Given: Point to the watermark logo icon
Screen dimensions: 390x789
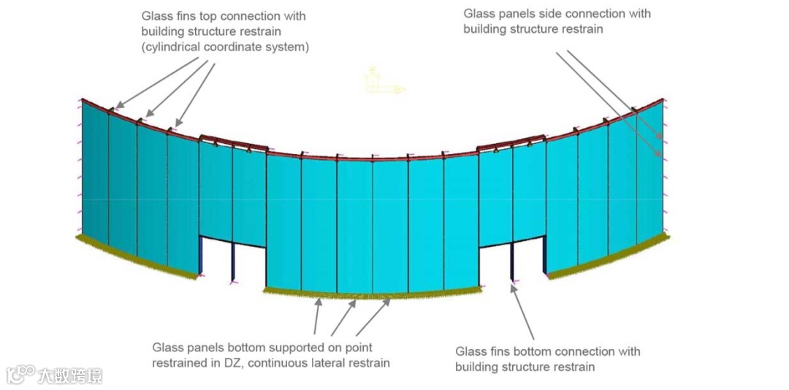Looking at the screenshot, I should (x=20, y=375).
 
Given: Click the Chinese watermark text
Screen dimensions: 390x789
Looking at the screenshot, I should (x=70, y=375).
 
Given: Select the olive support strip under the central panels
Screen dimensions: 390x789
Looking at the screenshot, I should (x=373, y=295).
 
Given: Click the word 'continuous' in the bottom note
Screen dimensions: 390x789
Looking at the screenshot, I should (x=284, y=362).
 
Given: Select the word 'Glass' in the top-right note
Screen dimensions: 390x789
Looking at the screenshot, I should (x=480, y=13).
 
